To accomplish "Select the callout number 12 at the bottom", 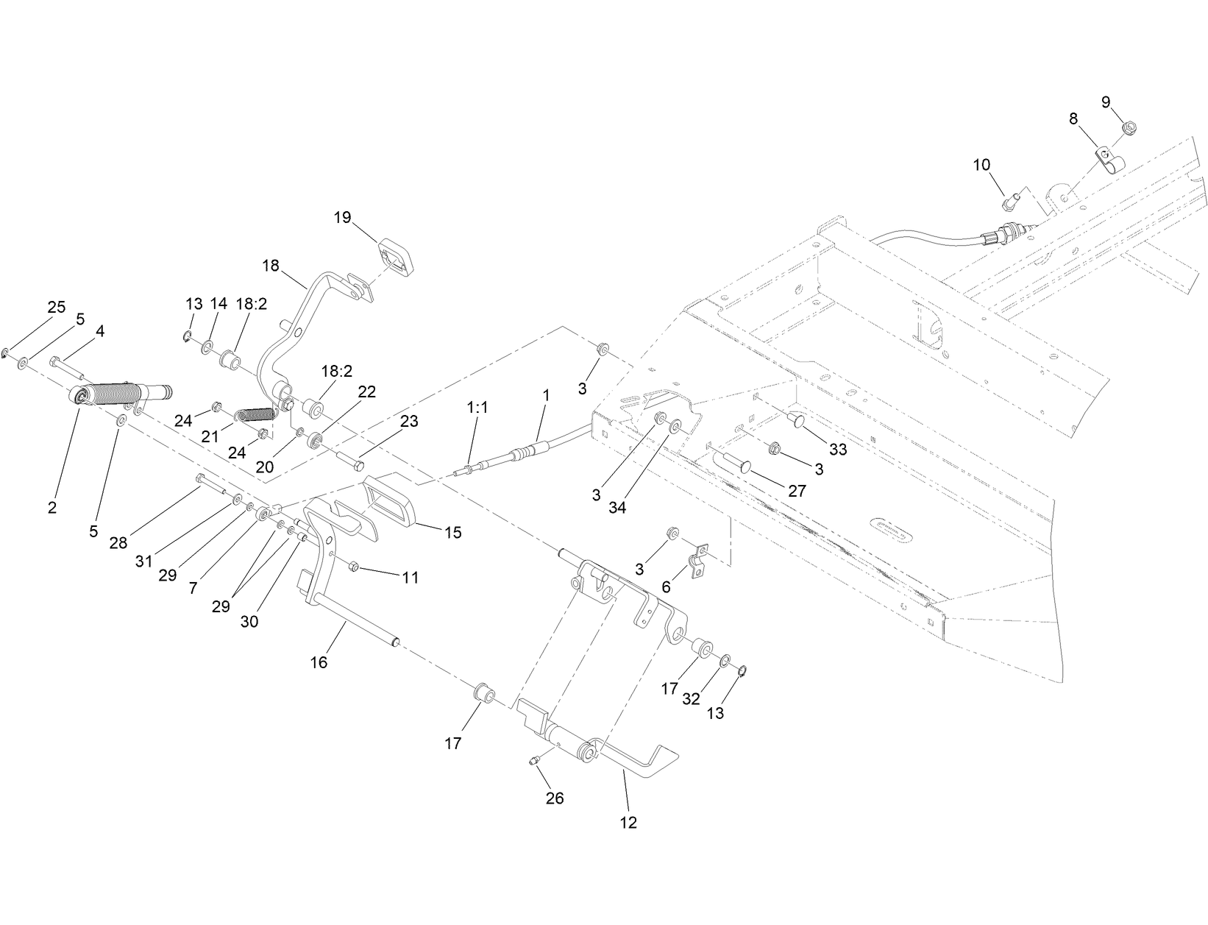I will pyautogui.click(x=628, y=822).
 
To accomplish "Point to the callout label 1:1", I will pyautogui.click(x=477, y=407).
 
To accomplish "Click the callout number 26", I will pyautogui.click(x=555, y=798).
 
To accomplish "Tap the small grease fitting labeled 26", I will pyautogui.click(x=534, y=759).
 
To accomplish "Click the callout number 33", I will pyautogui.click(x=838, y=449).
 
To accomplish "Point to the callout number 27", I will pyautogui.click(x=797, y=491).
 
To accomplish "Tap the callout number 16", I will pyautogui.click(x=319, y=662).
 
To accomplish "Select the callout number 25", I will pyautogui.click(x=57, y=307).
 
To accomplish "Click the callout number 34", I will pyautogui.click(x=617, y=507).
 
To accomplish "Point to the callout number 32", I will pyautogui.click(x=691, y=698).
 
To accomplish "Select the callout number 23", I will pyautogui.click(x=409, y=421).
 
